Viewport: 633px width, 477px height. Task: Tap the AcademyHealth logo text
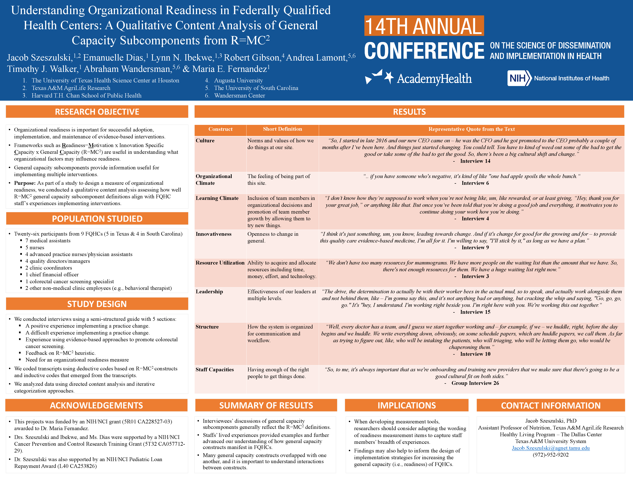pos(434,78)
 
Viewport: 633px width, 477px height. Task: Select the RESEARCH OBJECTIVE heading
pos(97,112)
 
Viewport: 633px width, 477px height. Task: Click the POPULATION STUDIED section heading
pos(97,219)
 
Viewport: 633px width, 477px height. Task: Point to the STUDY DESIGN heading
pos(97,304)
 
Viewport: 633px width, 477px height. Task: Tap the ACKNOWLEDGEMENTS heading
pos(96,405)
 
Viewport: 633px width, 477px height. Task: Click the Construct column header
pos(220,129)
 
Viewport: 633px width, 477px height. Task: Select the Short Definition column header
pos(282,129)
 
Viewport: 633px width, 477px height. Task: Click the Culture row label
pos(205,140)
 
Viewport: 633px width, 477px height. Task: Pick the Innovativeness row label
pos(213,234)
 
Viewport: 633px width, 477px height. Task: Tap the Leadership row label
pos(209,292)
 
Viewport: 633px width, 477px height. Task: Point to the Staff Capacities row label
pos(215,370)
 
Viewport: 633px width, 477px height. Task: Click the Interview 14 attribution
pos(475,161)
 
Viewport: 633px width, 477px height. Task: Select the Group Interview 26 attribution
pos(475,383)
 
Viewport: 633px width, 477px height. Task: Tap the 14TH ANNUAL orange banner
pos(424,26)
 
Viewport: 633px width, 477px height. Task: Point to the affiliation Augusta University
pos(238,80)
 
